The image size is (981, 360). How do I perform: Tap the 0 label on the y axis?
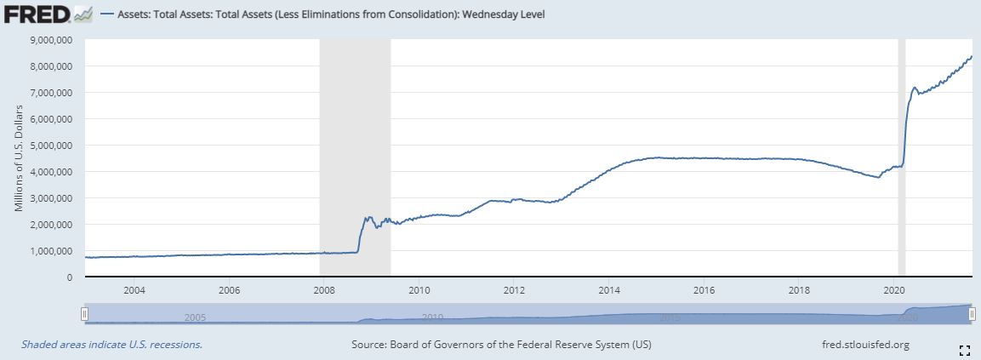point(69,277)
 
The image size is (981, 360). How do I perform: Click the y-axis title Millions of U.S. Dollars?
point(20,158)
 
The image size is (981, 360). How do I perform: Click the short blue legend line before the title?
point(106,14)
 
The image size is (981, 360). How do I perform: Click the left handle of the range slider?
point(84,314)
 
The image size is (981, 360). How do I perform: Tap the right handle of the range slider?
point(972,314)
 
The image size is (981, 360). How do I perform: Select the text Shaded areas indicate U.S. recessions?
point(111,345)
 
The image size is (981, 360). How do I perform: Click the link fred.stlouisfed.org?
point(861,345)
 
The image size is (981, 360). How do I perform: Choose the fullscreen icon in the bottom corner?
point(965,349)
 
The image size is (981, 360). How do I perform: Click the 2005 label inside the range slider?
point(196,317)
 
